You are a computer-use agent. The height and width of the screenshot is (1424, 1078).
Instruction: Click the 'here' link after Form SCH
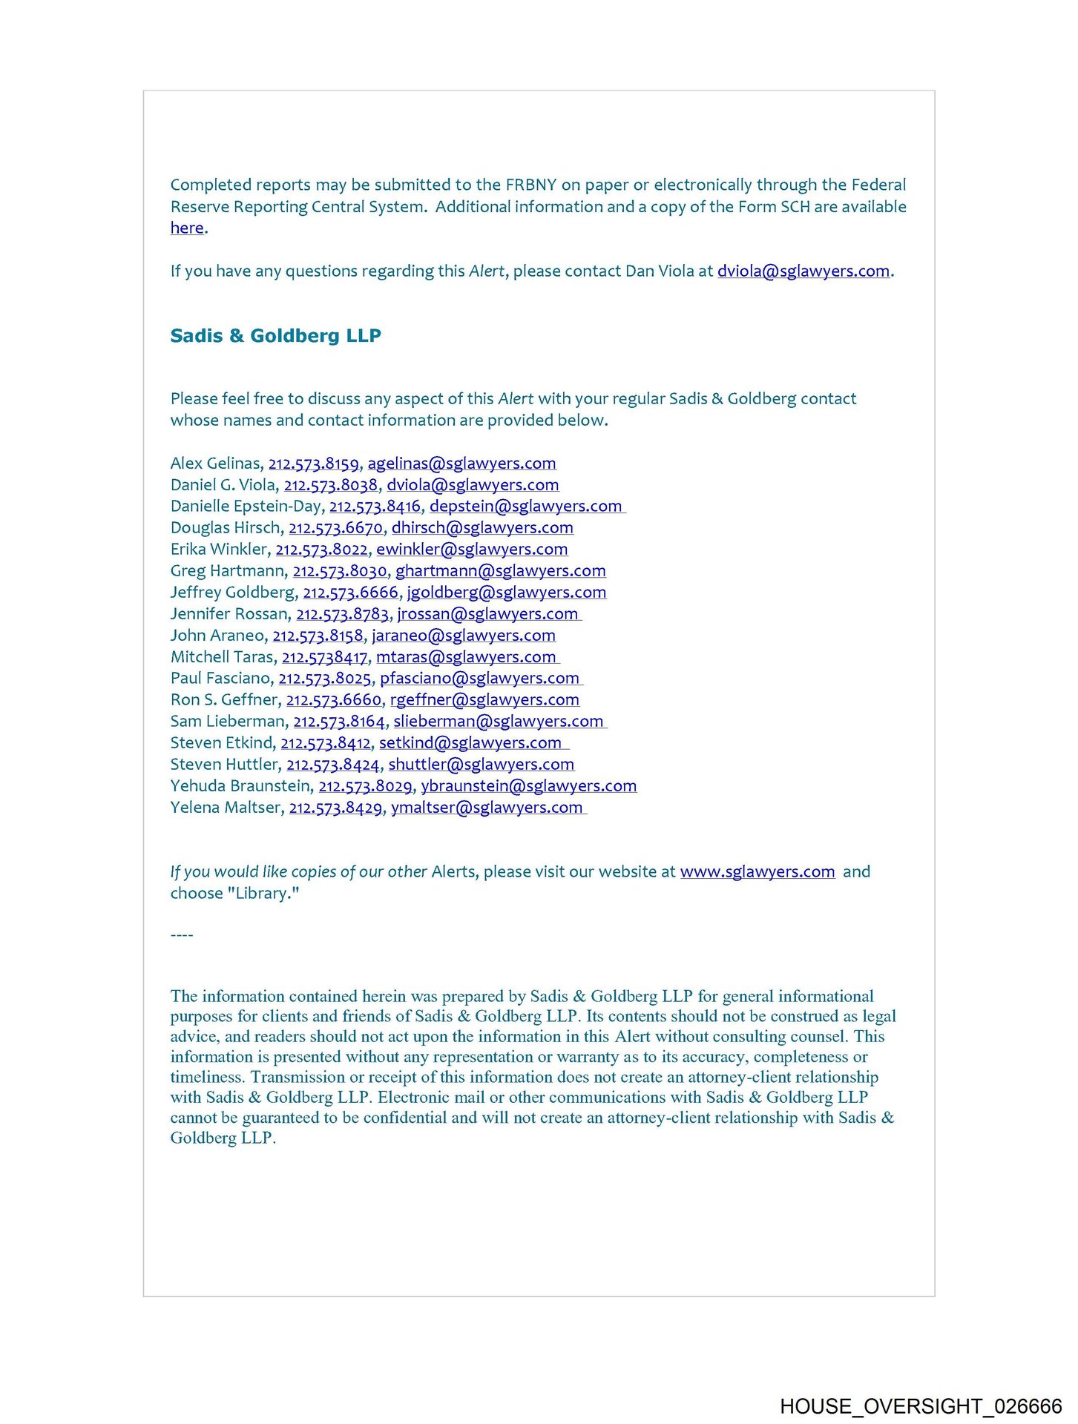(x=187, y=228)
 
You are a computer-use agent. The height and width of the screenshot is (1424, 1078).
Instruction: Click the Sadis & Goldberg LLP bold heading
(x=275, y=336)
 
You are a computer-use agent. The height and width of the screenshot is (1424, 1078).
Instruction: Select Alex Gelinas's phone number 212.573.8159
(x=313, y=464)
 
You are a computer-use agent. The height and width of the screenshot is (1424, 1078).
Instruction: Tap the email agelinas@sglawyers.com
(x=461, y=464)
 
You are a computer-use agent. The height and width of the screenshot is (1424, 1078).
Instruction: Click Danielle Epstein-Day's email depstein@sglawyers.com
(x=525, y=507)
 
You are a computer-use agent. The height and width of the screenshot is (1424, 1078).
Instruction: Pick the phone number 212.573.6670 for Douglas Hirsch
(x=335, y=528)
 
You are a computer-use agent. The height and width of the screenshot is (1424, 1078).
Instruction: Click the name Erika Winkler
(x=219, y=550)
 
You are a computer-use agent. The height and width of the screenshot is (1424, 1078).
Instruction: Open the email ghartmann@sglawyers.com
(x=500, y=571)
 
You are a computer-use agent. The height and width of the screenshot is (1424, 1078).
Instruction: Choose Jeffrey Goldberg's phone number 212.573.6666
(x=350, y=593)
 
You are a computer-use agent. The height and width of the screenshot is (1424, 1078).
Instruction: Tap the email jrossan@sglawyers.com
(x=487, y=614)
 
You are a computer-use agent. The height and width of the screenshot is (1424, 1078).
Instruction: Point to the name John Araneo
(x=217, y=636)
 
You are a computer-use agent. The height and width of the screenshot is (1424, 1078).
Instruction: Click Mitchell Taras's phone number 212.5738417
(x=324, y=657)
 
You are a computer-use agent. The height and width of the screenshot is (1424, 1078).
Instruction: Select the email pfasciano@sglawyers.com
(x=479, y=679)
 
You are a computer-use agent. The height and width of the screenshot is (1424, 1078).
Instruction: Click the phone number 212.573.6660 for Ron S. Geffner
(x=334, y=700)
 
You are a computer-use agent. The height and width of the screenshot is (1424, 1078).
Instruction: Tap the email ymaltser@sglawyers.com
(x=487, y=808)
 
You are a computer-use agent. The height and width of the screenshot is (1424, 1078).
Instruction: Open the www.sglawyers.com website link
(x=757, y=872)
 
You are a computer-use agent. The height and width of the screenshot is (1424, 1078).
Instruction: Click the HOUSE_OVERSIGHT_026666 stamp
(x=921, y=1406)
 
